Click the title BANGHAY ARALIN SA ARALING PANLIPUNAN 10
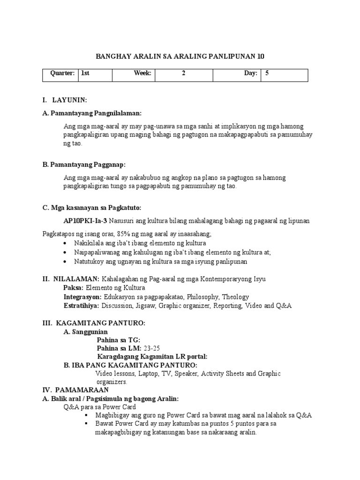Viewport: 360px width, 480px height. pyautogui.click(x=180, y=57)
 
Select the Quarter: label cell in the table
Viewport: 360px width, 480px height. pyautogui.click(x=63, y=74)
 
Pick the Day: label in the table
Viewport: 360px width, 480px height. pyautogui.click(x=251, y=74)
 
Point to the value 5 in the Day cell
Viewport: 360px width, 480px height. pyautogui.click(x=267, y=74)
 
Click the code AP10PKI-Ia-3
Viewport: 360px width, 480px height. pyautogui.click(x=85, y=221)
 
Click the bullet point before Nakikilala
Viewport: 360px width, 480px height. pyautogui.click(x=64, y=244)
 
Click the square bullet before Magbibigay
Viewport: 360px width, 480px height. pyautogui.click(x=87, y=415)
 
